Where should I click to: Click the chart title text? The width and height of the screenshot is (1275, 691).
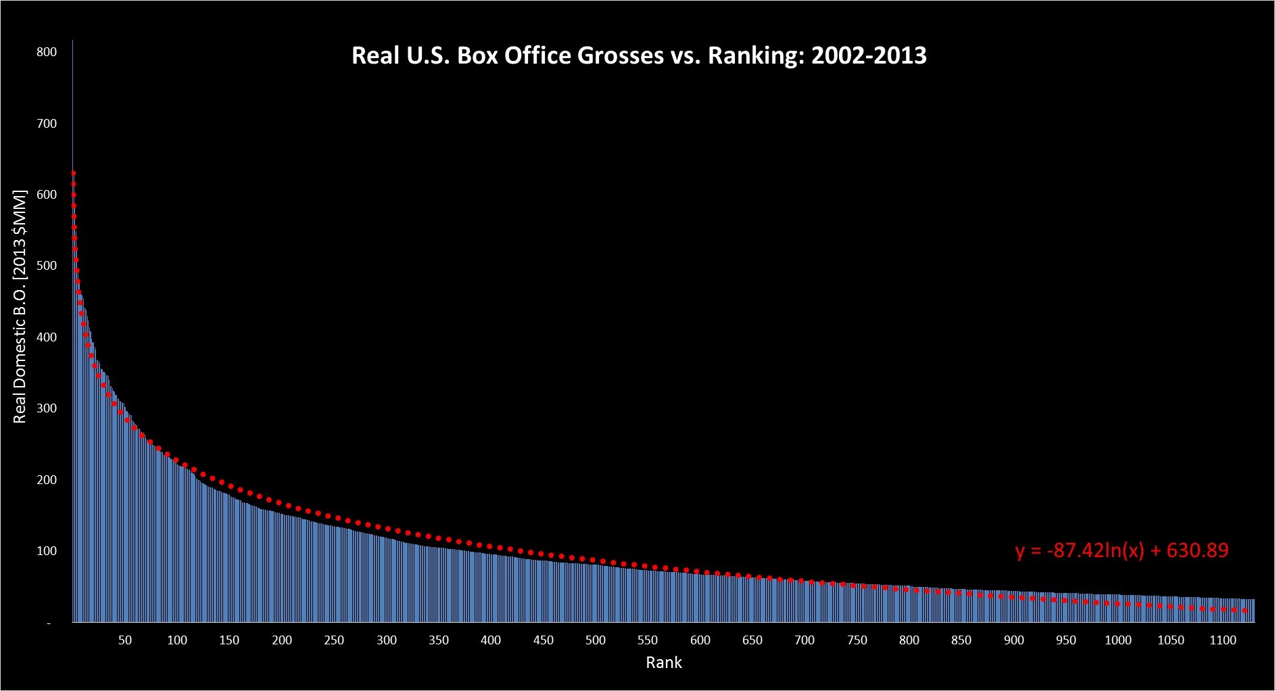(639, 55)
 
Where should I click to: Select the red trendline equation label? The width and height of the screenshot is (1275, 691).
(1122, 550)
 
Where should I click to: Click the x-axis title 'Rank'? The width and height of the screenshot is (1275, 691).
(663, 663)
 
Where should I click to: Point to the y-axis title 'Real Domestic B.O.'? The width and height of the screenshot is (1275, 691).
(20, 307)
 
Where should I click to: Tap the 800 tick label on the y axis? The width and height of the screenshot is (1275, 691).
(47, 52)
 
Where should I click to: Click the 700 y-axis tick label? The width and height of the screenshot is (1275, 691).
(47, 124)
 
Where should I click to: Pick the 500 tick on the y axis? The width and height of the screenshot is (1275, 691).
(47, 266)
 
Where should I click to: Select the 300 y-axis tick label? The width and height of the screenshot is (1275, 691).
(47, 408)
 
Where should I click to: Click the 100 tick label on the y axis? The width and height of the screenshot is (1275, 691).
(47, 551)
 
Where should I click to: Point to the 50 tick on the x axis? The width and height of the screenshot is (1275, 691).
(125, 640)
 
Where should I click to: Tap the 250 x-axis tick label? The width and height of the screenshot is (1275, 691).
(334, 640)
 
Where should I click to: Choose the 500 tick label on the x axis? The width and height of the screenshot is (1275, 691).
(596, 640)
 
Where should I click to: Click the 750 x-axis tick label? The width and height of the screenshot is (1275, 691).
(857, 640)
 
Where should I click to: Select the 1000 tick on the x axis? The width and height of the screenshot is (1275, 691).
(1118, 640)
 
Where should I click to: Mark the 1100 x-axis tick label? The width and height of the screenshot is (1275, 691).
(1223, 640)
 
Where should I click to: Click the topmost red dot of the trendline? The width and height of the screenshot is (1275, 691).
(73, 173)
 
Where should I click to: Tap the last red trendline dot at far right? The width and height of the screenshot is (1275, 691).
(1245, 611)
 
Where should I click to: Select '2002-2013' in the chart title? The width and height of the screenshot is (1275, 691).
(869, 55)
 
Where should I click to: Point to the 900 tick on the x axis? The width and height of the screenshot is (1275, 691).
(1014, 640)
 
